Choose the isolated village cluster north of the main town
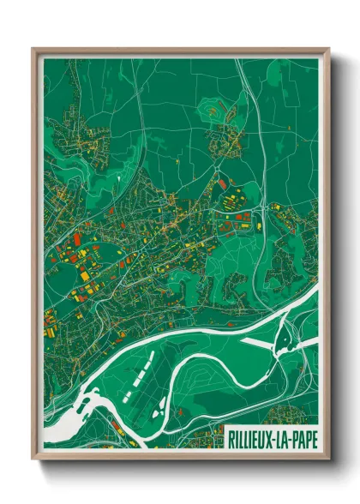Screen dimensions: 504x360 (225, 137)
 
